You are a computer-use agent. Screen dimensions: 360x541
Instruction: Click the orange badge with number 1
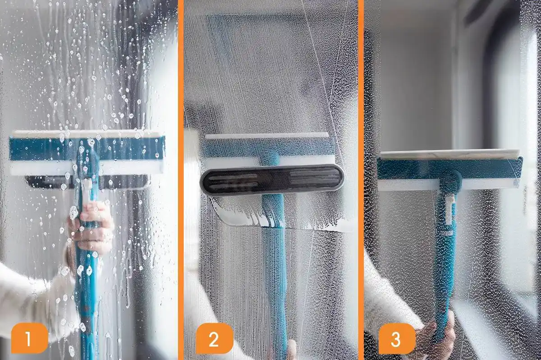pos(28,337)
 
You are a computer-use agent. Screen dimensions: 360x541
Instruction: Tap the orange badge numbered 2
pos(214,338)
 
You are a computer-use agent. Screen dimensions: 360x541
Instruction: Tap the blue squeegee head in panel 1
pos(45,149)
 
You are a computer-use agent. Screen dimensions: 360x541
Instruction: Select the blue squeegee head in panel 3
pos(406,168)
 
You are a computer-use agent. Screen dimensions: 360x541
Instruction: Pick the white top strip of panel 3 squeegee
pos(449,154)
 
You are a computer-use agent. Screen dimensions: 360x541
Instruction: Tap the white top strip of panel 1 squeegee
pos(86,134)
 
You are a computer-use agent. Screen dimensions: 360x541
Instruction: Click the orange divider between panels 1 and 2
pos(180,180)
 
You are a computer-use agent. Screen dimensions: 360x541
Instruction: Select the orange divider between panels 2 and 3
pos(361,180)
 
